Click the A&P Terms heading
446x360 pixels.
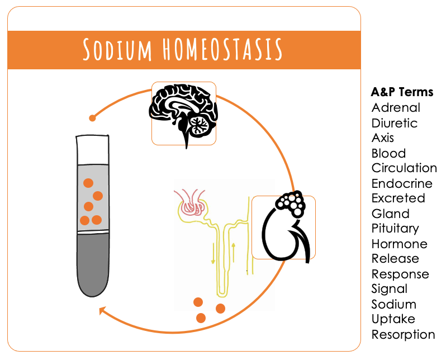[402, 92]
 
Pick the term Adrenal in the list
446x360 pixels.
[396, 107]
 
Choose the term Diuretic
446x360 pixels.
[395, 123]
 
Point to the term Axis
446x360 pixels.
[383, 138]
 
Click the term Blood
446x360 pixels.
[388, 153]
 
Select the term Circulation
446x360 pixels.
[404, 168]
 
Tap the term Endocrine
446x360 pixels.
[402, 183]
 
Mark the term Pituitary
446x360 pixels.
[395, 229]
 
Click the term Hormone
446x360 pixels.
[399, 244]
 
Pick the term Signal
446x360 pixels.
[389, 289]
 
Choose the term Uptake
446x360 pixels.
[393, 319]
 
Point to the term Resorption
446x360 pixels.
[403, 334]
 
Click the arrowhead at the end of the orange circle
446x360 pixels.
[102, 310]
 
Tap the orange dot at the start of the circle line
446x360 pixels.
[93, 118]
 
